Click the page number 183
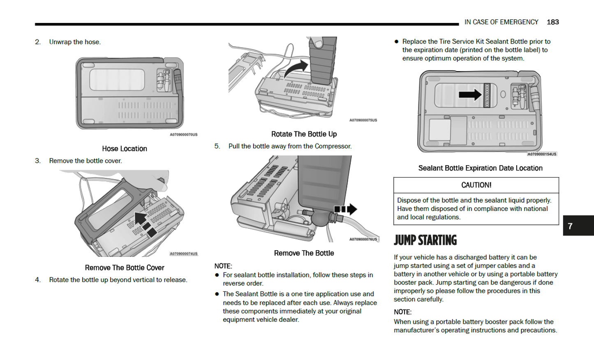point(552,22)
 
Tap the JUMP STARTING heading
point(425,240)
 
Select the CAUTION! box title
point(476,185)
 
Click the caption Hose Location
point(124,149)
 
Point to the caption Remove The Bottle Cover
point(124,268)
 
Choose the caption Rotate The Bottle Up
point(304,134)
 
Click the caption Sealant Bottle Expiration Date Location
point(480,168)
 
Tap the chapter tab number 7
point(570,226)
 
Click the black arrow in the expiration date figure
point(470,95)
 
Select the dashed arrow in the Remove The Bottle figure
point(345,209)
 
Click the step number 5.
point(217,146)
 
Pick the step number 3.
point(38,161)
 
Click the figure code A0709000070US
point(183,134)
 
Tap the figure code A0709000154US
point(542,154)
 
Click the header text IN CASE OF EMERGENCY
point(501,22)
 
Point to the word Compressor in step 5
point(333,146)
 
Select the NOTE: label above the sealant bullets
point(223,266)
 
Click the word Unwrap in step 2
point(60,42)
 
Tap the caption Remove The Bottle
point(304,254)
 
